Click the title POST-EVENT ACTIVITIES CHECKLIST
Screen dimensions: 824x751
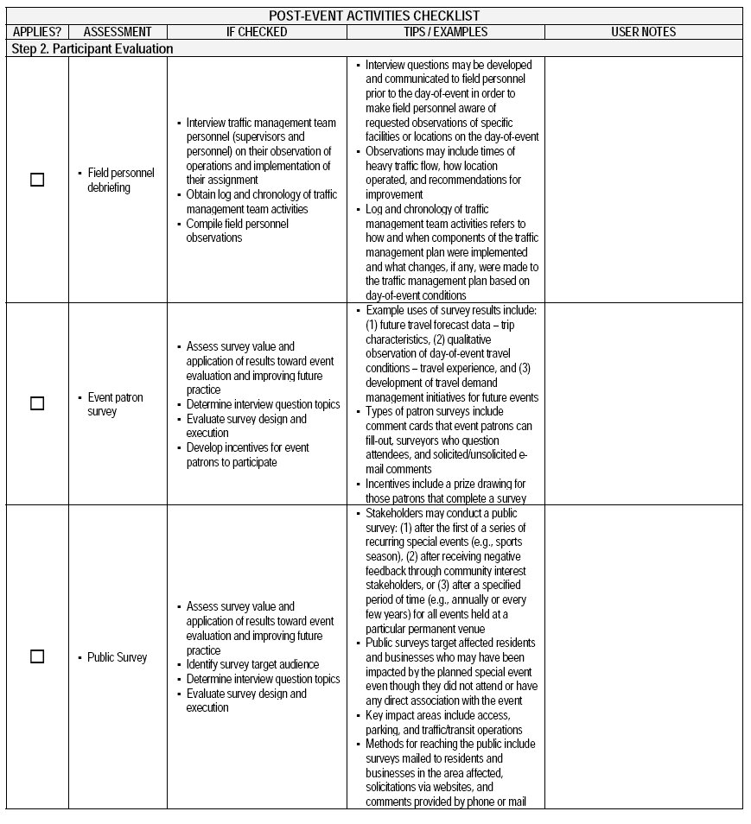374,16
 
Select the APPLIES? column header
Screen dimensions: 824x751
37,32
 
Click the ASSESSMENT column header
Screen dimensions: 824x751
118,32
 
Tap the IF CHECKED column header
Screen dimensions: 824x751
257,32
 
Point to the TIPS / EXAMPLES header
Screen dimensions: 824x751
445,32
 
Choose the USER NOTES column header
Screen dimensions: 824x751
643,32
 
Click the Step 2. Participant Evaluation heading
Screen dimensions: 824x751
92,49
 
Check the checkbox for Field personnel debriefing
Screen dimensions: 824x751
37,180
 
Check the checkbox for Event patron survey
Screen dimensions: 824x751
37,403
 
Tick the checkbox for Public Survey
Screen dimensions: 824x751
37,656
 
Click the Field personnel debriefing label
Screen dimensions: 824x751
121,180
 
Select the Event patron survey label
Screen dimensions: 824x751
115,404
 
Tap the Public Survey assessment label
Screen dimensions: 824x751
117,657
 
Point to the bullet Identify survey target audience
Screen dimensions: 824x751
252,664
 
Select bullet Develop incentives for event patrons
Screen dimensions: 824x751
247,454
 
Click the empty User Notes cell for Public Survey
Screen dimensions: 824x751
643,656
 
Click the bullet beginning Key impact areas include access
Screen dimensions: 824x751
447,722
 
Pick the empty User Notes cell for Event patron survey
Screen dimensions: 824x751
643,403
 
